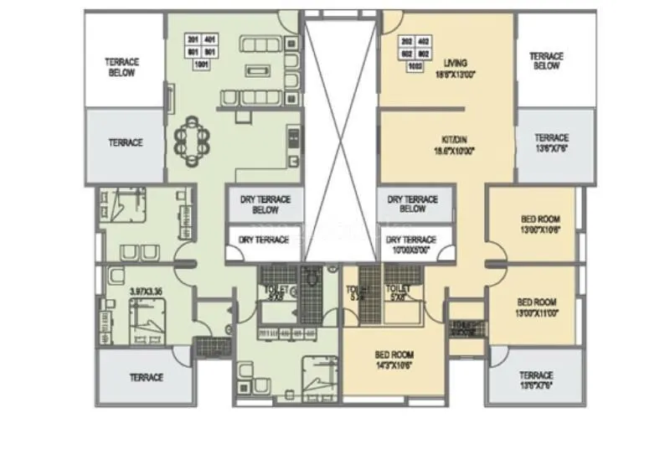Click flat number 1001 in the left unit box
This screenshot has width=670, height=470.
(201, 64)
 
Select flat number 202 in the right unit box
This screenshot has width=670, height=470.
(408, 40)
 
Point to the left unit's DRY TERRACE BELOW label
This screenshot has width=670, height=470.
(265, 204)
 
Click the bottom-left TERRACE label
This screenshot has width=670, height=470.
(146, 378)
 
